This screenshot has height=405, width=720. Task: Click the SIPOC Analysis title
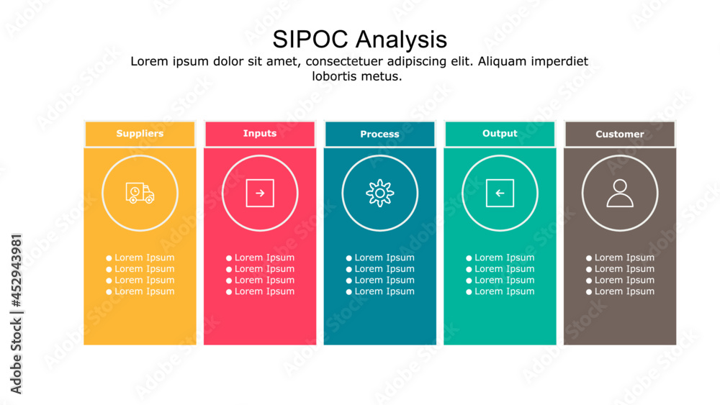pyautogui.click(x=359, y=38)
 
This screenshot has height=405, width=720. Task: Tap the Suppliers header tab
pyautogui.click(x=140, y=134)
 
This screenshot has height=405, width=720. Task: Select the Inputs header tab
pyautogui.click(x=260, y=134)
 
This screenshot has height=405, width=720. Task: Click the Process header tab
pyautogui.click(x=379, y=135)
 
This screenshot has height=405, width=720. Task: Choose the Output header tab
pyautogui.click(x=500, y=134)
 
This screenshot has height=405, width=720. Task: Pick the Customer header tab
pyautogui.click(x=619, y=135)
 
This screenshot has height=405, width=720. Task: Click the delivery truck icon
pyautogui.click(x=140, y=193)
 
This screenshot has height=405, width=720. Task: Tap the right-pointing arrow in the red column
pyautogui.click(x=260, y=193)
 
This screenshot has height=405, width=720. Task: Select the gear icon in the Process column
pyautogui.click(x=379, y=193)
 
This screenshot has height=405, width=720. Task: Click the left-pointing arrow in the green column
pyautogui.click(x=500, y=193)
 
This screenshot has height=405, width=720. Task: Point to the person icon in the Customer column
pyautogui.click(x=619, y=193)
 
